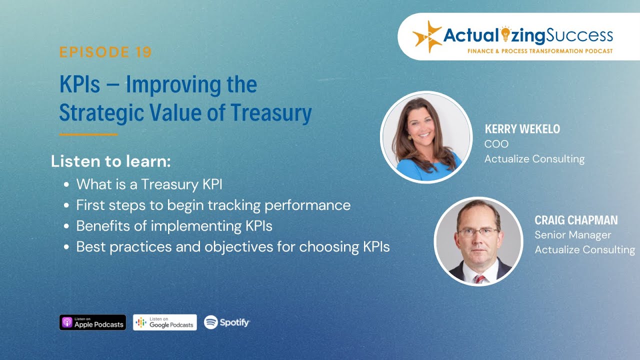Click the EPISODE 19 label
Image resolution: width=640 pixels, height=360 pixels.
click(x=105, y=52)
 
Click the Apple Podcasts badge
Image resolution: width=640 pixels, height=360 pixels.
click(x=92, y=322)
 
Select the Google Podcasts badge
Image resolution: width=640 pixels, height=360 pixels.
click(x=165, y=322)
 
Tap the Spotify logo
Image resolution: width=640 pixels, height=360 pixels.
click(x=226, y=322)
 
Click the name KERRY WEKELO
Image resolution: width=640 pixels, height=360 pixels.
click(x=522, y=129)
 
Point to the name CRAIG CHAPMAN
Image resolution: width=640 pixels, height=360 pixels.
click(x=576, y=220)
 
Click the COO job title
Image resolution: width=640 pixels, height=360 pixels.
click(x=496, y=144)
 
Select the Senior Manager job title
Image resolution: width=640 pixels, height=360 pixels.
click(x=572, y=235)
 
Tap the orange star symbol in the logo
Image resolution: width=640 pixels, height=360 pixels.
click(x=427, y=36)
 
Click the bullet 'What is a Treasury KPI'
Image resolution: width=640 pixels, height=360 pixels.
click(x=149, y=184)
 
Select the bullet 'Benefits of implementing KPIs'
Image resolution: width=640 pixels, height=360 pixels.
click(x=174, y=226)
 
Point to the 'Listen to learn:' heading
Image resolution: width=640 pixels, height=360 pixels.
click(x=111, y=161)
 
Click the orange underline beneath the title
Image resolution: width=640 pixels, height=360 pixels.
click(x=88, y=134)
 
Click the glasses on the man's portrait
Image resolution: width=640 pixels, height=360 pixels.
click(x=477, y=231)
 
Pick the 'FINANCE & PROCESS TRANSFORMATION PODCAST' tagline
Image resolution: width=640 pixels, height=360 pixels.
click(x=540, y=51)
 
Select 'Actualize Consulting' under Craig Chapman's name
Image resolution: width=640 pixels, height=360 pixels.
click(x=584, y=249)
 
